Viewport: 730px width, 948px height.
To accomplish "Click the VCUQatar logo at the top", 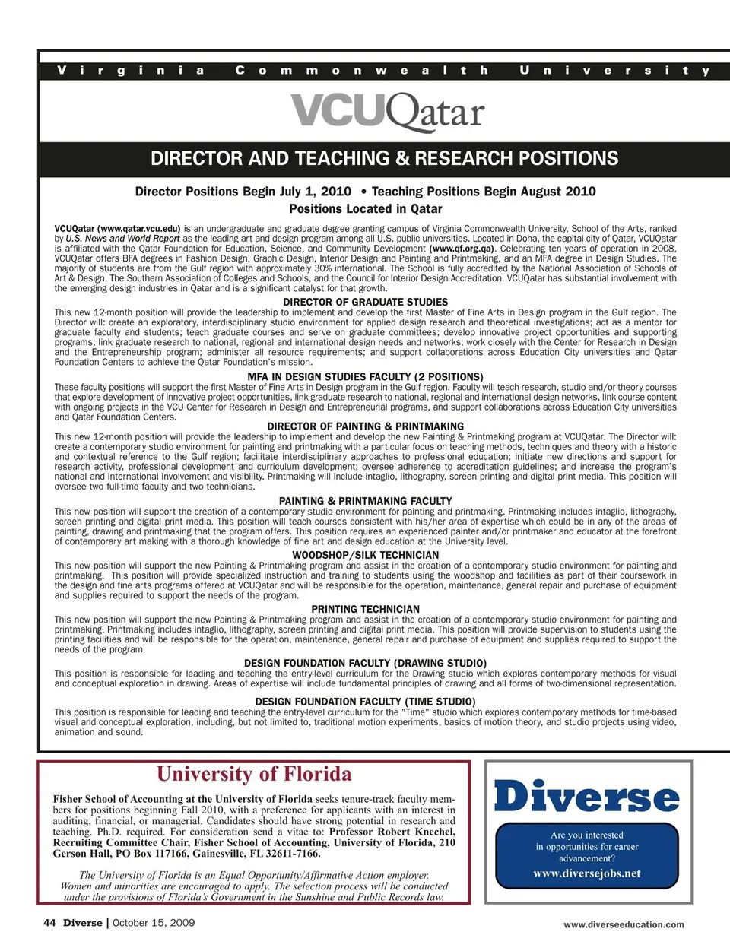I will pos(388,112).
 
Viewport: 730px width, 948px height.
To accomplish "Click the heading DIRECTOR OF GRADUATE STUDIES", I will pos(365,302).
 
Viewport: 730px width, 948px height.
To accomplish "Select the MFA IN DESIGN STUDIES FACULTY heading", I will pos(365,376).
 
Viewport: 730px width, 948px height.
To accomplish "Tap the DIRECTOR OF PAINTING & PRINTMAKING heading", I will pos(365,426).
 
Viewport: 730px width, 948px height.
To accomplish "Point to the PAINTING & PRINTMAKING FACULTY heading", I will pos(365,501).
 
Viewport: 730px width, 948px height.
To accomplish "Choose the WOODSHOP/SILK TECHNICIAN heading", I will pos(365,555).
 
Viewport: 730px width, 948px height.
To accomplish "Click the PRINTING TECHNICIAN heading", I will pos(365,609).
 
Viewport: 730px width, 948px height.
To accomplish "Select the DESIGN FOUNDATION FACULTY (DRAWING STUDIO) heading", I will pos(365,663).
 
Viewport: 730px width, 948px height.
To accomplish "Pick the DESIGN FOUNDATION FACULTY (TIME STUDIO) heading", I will pos(365,702).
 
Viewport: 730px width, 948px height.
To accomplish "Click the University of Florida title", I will pos(254,774).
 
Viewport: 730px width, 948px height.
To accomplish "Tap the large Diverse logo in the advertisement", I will pos(587,797).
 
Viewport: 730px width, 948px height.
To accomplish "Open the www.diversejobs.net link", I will pos(587,873).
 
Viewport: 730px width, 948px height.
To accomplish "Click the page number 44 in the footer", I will pos(49,923).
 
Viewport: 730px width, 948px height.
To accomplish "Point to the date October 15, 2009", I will pos(154,923).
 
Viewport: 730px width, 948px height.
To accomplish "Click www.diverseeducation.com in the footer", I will pos(624,924).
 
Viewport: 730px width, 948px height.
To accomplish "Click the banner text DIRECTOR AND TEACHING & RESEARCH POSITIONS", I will pos(384,159).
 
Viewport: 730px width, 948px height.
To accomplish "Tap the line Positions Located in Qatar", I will pos(365,208).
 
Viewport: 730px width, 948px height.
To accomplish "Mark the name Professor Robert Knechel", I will pos(392,832).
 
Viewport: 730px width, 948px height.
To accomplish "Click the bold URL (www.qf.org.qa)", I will pos(462,249).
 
